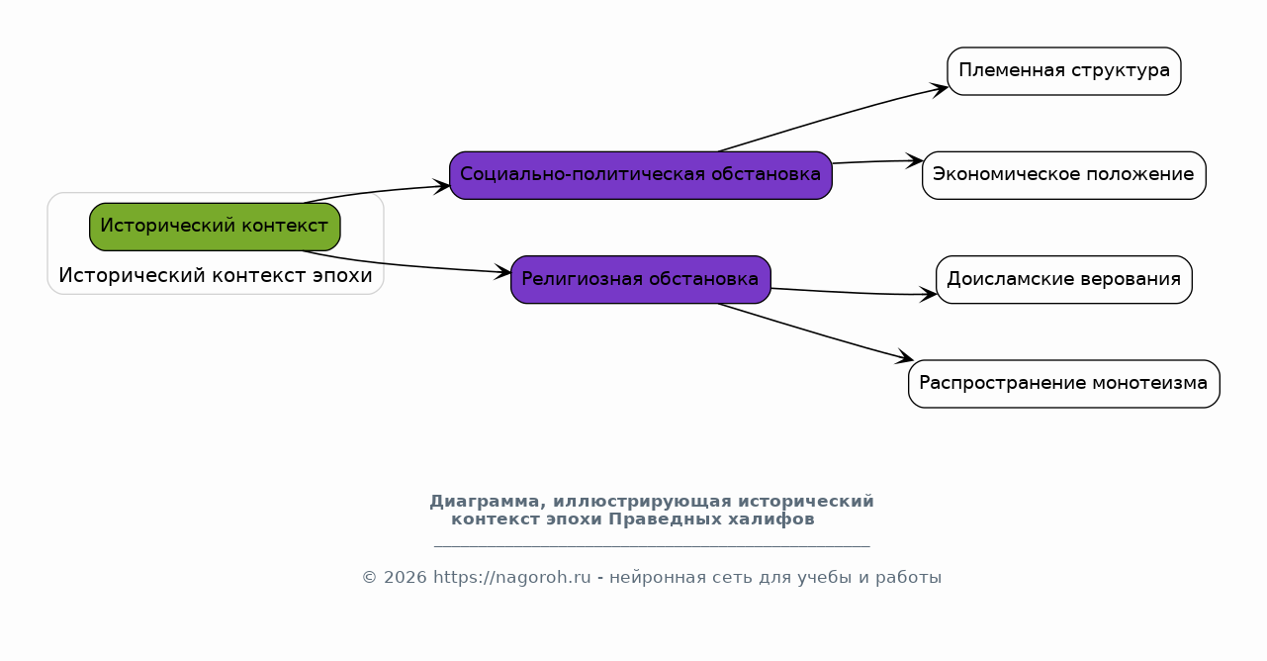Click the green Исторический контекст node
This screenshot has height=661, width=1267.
(x=215, y=227)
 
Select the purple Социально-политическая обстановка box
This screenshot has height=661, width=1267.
(x=641, y=175)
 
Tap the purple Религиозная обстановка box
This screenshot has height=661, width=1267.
(x=641, y=280)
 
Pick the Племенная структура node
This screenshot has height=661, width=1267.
(x=1064, y=71)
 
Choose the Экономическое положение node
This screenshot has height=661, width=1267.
(x=1064, y=175)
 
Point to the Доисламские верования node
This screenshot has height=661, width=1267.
(x=1064, y=280)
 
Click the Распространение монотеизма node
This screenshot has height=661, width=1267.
(x=1064, y=384)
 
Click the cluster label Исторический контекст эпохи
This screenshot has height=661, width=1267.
(x=216, y=276)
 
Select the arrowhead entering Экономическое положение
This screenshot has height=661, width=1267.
(x=914, y=160)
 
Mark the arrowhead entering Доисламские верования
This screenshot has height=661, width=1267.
(x=928, y=294)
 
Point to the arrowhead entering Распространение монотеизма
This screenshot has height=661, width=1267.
(x=904, y=356)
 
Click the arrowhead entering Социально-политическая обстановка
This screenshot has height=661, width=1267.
(x=441, y=186)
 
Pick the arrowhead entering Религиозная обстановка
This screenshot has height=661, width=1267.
(x=502, y=272)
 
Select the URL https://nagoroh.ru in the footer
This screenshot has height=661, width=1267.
(x=512, y=578)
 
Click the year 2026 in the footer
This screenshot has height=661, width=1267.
(x=405, y=578)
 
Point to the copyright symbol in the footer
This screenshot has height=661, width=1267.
(x=369, y=578)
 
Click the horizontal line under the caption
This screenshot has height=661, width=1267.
(x=652, y=546)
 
